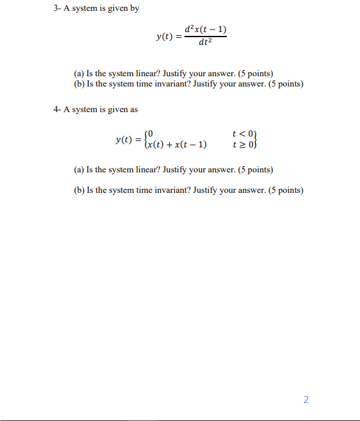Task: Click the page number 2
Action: click(x=306, y=400)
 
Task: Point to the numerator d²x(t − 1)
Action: click(x=205, y=30)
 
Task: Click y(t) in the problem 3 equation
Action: click(x=167, y=37)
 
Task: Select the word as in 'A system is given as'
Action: click(x=133, y=110)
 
